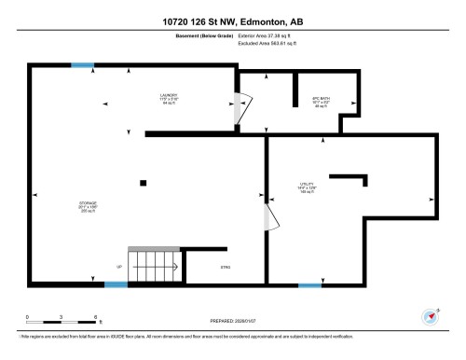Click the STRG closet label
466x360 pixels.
(225, 267)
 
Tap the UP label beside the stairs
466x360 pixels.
(118, 268)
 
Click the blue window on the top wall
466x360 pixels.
(83, 64)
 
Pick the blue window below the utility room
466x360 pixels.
(309, 284)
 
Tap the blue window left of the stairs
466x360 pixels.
(116, 284)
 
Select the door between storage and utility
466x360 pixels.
(270, 218)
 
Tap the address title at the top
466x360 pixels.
(233, 20)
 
